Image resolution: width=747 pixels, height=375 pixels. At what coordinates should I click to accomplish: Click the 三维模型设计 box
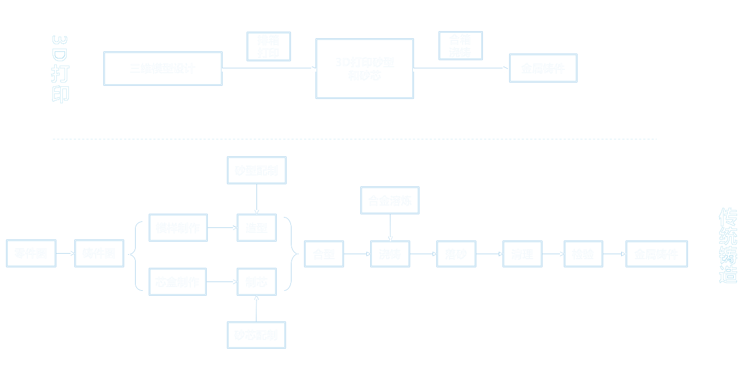[163, 68]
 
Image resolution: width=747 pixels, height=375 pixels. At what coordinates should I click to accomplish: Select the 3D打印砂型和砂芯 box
[364, 68]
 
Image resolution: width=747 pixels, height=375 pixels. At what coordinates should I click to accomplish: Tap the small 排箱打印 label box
[269, 46]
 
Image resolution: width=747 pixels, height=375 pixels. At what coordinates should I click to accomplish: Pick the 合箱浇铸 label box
[460, 45]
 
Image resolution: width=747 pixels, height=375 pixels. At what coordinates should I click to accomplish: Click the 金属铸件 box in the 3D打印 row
[543, 68]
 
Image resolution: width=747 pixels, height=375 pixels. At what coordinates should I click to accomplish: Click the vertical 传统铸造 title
[728, 245]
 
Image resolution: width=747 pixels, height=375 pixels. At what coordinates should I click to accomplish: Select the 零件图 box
[31, 253]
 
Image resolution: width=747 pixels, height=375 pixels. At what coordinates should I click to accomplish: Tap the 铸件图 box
[99, 253]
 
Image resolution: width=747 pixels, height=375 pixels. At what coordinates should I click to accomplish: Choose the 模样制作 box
[178, 227]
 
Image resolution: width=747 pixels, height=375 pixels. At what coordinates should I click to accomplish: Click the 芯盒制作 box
[178, 282]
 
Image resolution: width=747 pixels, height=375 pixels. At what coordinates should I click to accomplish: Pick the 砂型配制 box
[256, 171]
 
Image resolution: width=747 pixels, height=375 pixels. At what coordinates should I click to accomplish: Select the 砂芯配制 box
[256, 335]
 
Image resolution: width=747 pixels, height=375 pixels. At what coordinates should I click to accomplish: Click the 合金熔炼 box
[390, 200]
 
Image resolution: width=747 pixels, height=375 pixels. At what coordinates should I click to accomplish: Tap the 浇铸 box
[390, 254]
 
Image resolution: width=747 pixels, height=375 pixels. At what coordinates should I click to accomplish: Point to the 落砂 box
[456, 254]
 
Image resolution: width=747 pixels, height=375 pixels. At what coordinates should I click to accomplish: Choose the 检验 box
[583, 254]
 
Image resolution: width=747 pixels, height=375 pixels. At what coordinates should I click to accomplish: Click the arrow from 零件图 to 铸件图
[65, 253]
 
